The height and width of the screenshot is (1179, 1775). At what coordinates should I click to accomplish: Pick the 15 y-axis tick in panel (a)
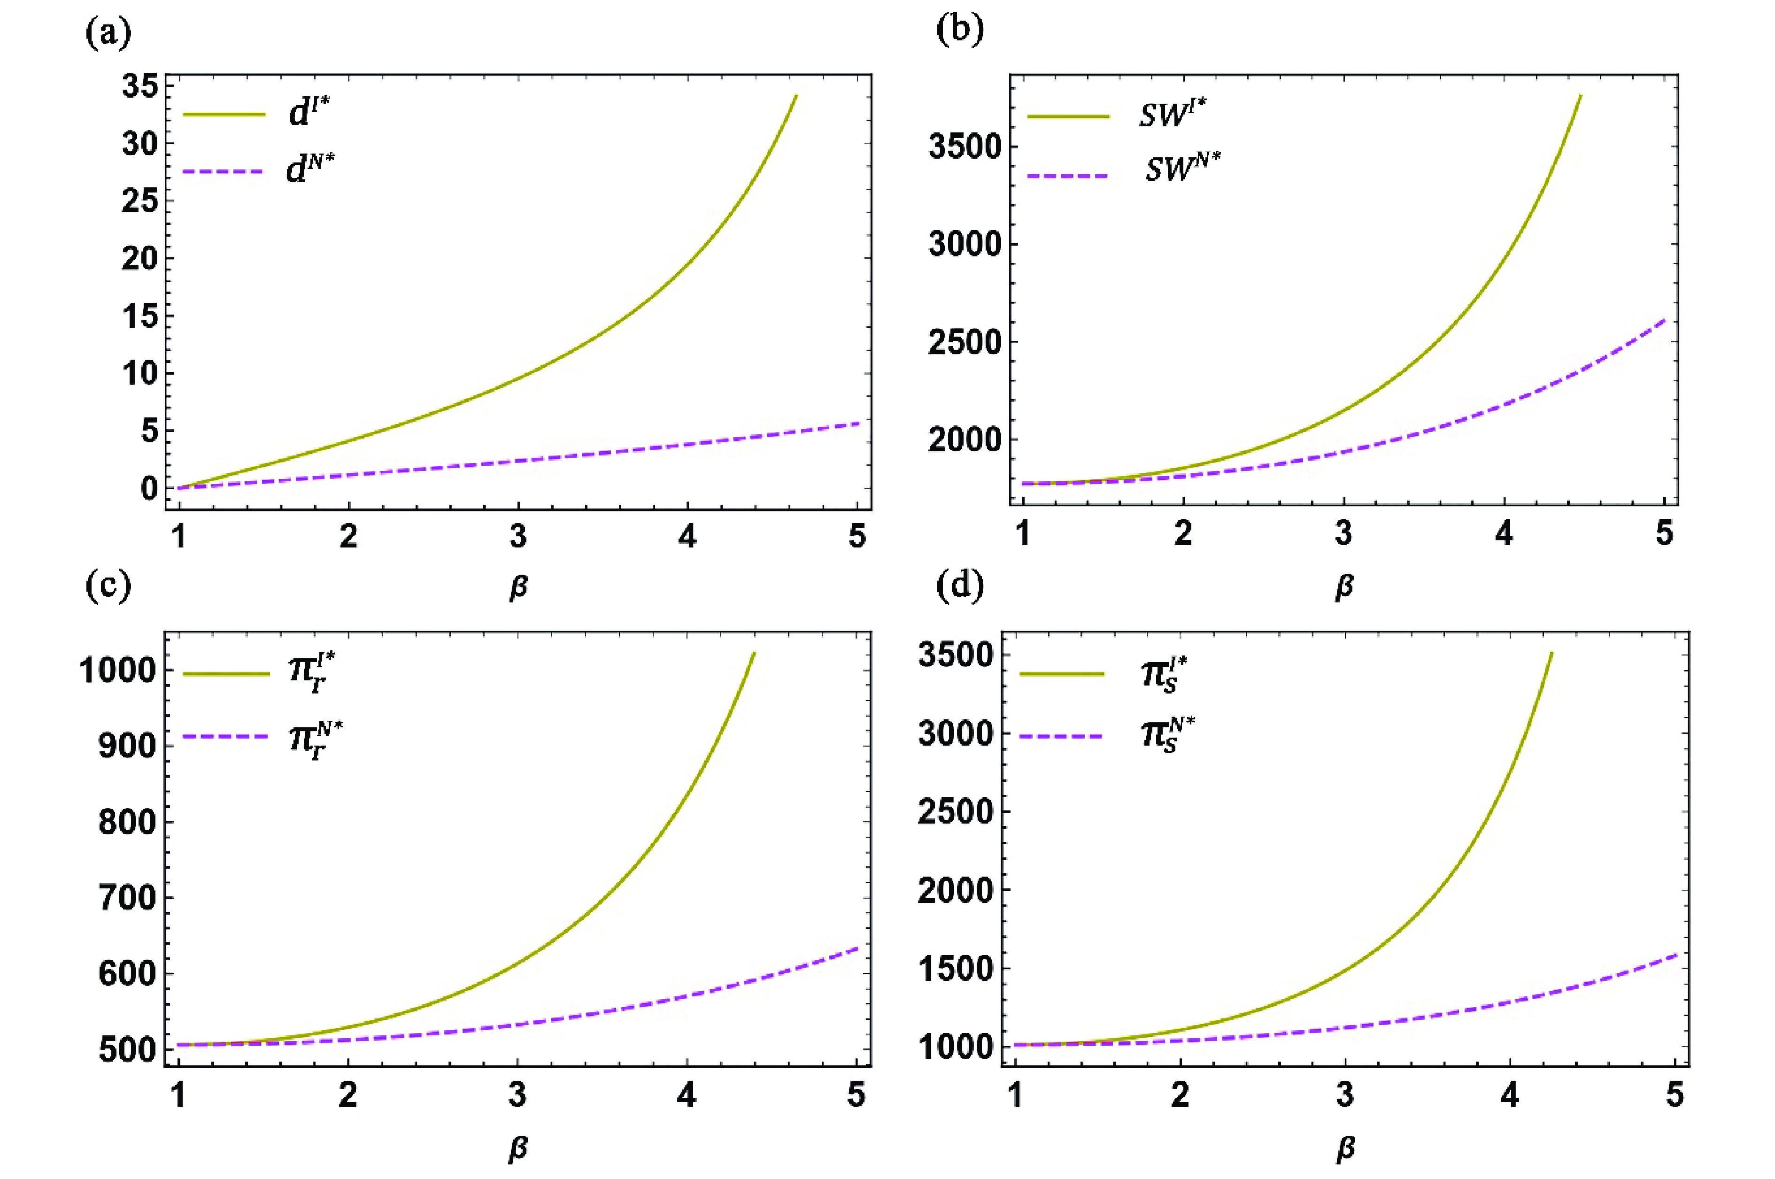[x=140, y=316]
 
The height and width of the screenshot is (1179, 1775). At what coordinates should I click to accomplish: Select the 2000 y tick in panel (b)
[x=965, y=440]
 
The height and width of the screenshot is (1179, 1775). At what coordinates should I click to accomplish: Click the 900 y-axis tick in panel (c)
[x=126, y=746]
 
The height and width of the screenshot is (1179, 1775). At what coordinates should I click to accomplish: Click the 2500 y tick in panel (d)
[x=956, y=812]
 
